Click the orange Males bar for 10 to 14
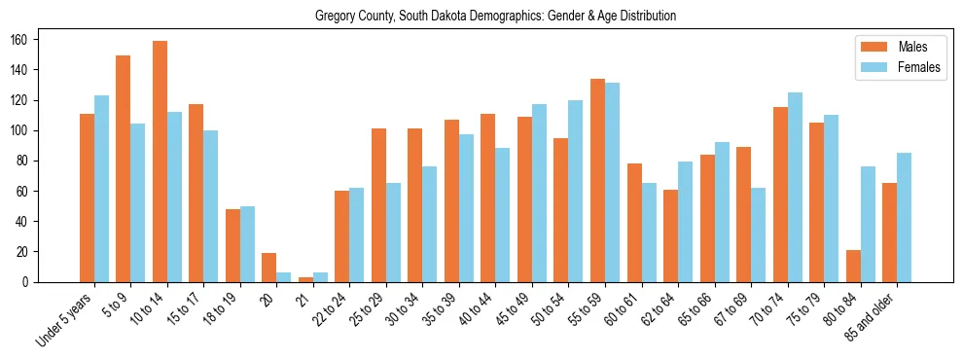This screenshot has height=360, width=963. click(160, 162)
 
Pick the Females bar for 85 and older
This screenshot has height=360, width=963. click(904, 217)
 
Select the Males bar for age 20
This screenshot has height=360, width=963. click(269, 268)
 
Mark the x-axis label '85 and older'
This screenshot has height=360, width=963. click(872, 312)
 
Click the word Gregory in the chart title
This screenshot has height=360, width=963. click(336, 17)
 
